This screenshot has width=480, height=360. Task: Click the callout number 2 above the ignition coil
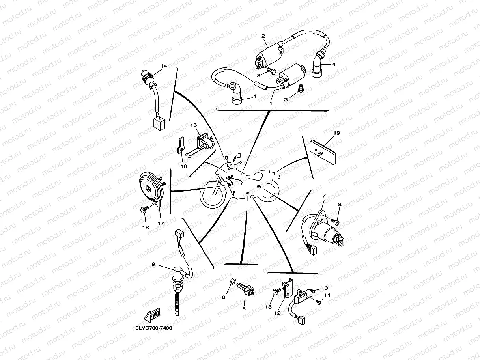[x=263, y=36]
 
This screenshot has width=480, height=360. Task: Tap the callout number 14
[x=164, y=66]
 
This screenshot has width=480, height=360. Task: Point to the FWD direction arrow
[x=152, y=315]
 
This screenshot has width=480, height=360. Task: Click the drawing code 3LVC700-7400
[x=153, y=328]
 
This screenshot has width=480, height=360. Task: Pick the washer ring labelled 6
[x=233, y=281]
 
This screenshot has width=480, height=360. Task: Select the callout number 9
[x=153, y=264]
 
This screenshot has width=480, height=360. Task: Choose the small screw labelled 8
[x=335, y=223]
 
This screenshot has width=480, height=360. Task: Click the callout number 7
[x=324, y=196]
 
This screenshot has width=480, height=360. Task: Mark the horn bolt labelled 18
[x=144, y=211]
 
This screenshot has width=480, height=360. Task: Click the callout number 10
[x=325, y=288]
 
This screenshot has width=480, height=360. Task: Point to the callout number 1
[x=271, y=103]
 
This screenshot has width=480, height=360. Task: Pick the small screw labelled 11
[x=319, y=303]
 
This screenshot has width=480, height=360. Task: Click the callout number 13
[x=269, y=307]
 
